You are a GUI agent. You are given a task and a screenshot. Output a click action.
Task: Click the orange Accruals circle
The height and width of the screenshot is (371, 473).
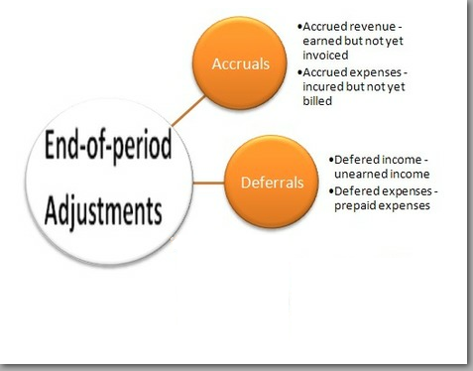point(242,62)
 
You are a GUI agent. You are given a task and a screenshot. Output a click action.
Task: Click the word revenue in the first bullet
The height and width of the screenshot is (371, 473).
point(375,24)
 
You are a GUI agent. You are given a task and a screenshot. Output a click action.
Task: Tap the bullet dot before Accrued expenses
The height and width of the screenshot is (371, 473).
point(298,70)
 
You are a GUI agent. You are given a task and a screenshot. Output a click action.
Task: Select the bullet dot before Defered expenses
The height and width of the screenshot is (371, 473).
point(331,190)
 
